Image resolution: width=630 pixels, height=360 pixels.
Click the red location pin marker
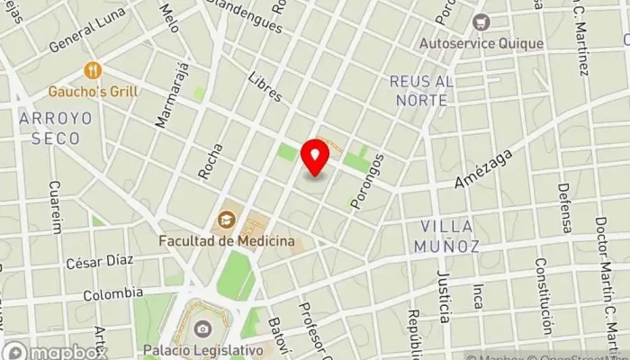coord(315,157)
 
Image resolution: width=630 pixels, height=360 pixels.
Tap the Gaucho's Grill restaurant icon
coord(93,70)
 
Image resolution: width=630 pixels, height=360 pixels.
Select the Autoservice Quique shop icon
coord(481,22)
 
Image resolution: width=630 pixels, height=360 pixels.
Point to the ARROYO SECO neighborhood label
coord(49,128)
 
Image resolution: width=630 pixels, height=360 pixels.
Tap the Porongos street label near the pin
coord(368,181)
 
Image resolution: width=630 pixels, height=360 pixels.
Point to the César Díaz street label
coord(99,261)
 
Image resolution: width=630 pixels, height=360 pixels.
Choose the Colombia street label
coord(112,293)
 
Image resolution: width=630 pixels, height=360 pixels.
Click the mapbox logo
coord(56,350)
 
